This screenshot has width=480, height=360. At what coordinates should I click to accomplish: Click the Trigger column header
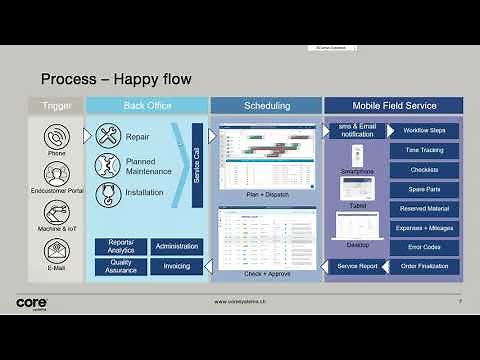[55, 105]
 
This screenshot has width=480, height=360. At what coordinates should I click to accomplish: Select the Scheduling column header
[267, 105]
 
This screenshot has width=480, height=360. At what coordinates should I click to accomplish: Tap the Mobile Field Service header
[393, 105]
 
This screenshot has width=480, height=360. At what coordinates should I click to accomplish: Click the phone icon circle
[56, 137]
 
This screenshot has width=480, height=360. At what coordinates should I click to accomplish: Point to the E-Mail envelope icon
[56, 249]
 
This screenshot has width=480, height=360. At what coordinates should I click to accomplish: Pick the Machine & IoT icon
[56, 212]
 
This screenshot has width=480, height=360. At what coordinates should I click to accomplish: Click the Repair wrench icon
[108, 136]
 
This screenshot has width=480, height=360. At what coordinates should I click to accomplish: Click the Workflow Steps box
[424, 131]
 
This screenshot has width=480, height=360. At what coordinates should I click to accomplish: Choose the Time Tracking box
[424, 150]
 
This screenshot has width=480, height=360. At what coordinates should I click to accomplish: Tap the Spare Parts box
[424, 189]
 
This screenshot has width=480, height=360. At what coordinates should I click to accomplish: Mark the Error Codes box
[424, 247]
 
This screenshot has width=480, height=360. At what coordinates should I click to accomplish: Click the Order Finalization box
[424, 266]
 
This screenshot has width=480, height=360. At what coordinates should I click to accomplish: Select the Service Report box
[357, 266]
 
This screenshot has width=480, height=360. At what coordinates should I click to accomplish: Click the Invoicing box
[177, 266]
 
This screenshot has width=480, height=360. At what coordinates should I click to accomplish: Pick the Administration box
[177, 246]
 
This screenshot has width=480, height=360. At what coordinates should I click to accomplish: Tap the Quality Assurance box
[121, 266]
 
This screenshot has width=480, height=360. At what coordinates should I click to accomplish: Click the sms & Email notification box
[357, 131]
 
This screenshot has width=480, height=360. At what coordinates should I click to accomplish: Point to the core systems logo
[33, 301]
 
